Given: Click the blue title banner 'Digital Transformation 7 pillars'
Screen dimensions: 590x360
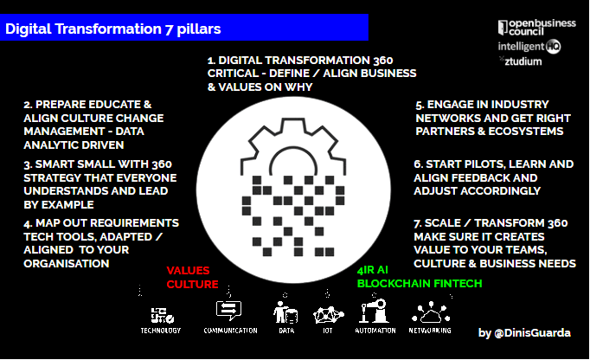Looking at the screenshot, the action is (184, 28).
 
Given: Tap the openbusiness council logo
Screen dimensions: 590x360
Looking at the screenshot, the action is (537, 28).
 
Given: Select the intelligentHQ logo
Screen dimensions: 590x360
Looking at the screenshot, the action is (529, 47).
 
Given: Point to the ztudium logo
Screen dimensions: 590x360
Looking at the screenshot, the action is (521, 61).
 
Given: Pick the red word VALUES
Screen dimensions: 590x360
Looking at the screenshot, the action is (188, 270).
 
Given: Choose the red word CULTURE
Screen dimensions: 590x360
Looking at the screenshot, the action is (192, 284).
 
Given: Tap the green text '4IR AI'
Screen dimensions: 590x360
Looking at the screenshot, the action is (372, 270).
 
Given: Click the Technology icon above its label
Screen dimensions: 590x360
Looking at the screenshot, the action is (162, 315).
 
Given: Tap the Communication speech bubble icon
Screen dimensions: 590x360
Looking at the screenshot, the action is (228, 311).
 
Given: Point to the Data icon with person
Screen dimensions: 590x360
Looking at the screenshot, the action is (285, 312).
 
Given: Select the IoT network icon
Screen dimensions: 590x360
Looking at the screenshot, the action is (328, 315).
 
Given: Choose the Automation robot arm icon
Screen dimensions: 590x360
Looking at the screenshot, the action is (374, 311).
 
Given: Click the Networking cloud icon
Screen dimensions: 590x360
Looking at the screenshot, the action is (431, 312).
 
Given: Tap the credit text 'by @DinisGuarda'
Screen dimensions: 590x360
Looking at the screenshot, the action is (524, 333).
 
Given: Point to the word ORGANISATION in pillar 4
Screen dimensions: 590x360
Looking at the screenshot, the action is (67, 263).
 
